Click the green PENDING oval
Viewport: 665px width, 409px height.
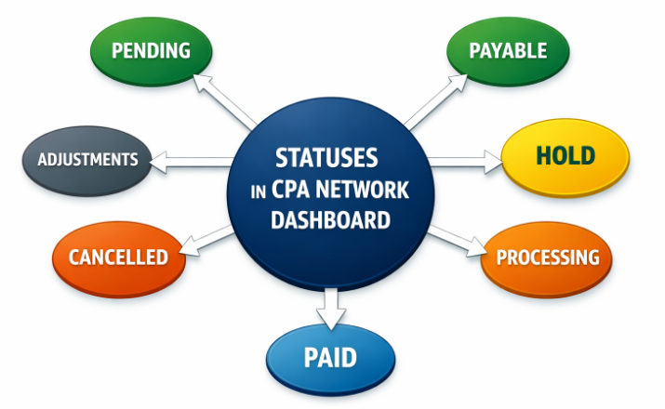point(151,49)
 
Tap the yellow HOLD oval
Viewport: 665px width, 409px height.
point(565,155)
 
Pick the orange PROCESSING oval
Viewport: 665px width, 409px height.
point(547,257)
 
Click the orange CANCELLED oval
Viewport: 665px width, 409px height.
point(118,257)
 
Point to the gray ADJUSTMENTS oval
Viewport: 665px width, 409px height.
point(87,160)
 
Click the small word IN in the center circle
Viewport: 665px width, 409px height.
point(259,191)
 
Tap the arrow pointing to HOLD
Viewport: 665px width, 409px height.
point(466,160)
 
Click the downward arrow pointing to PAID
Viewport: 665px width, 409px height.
point(330,304)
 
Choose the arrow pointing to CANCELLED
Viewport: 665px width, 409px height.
point(205,239)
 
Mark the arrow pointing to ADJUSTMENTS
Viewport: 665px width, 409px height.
point(191,161)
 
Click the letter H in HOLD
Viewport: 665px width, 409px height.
point(543,155)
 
